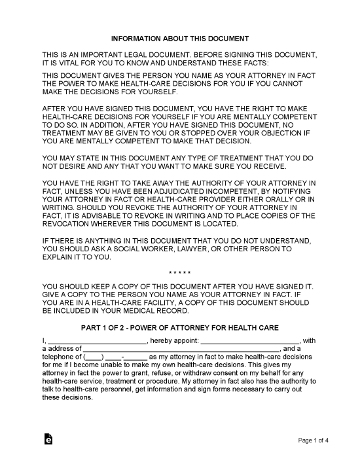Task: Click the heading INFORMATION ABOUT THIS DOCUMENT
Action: (x=179, y=39)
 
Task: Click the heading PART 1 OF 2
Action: (x=179, y=327)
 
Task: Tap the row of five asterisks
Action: (x=179, y=271)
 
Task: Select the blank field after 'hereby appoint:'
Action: (x=249, y=340)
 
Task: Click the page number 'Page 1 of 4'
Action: (x=314, y=440)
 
